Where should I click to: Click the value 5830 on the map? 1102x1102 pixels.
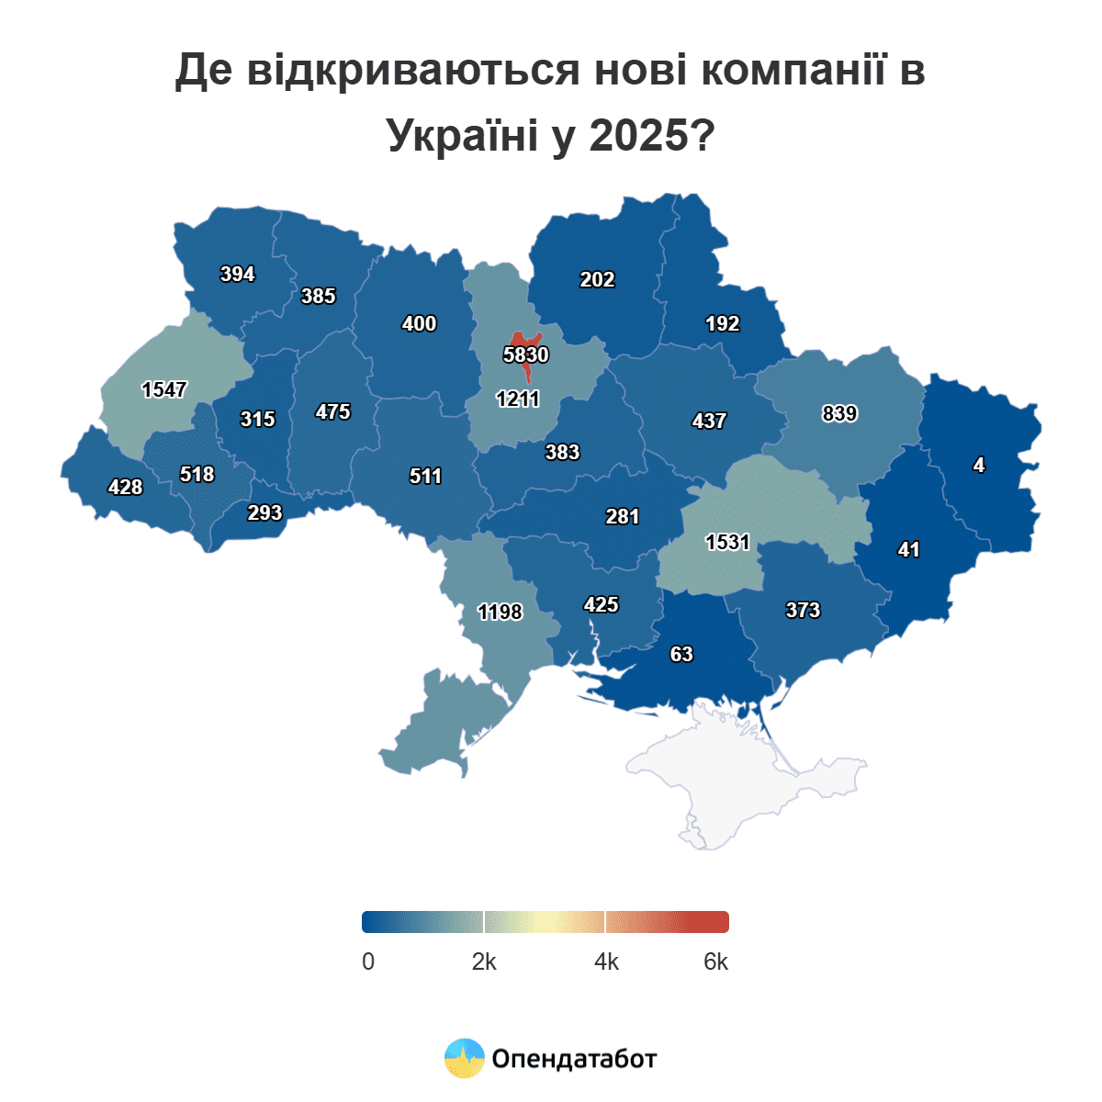tap(526, 354)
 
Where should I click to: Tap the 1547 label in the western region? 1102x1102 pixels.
tap(164, 389)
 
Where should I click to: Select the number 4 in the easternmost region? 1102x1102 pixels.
tap(979, 466)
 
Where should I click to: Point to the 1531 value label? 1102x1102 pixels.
tap(728, 542)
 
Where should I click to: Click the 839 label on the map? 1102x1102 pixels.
tap(839, 413)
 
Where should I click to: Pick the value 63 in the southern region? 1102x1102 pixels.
tap(681, 654)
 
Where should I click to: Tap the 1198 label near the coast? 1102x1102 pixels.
tap(500, 612)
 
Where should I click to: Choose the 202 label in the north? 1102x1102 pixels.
tap(597, 279)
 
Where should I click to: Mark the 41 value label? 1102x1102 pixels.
tap(908, 549)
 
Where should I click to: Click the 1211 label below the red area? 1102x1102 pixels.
tap(518, 399)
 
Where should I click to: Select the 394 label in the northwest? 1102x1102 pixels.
tap(237, 274)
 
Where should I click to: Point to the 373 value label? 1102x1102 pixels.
tap(803, 610)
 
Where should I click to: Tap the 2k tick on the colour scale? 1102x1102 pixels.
tap(484, 961)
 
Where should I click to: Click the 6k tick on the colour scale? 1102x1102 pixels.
tap(715, 961)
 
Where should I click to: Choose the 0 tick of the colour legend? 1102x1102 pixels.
tap(368, 961)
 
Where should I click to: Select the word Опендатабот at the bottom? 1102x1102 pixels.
tap(575, 1059)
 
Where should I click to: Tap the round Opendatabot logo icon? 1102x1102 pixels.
tap(465, 1058)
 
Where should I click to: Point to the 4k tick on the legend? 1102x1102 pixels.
tap(606, 961)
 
